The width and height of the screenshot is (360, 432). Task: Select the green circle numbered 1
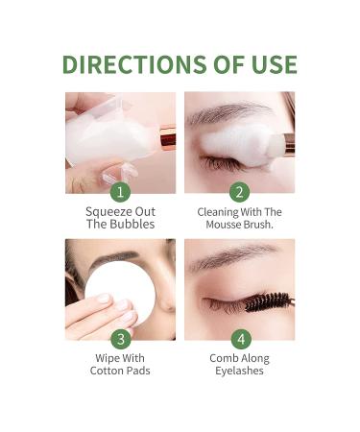coord(119,191)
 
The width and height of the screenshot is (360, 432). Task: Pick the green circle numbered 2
coord(239,191)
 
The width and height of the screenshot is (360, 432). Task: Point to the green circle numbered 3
coord(119,338)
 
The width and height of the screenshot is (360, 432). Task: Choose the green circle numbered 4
coord(239,338)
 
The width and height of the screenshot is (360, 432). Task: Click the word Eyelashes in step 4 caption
coord(239,372)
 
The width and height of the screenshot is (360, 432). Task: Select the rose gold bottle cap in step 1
coord(167,140)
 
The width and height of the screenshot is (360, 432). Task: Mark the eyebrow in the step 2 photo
coord(226,113)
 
